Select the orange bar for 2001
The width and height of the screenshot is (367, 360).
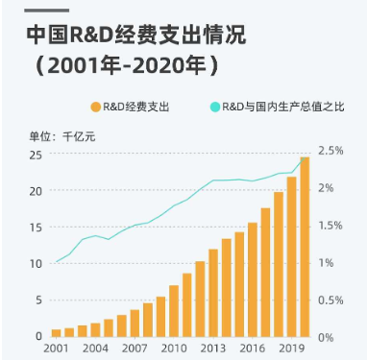(x=57, y=332)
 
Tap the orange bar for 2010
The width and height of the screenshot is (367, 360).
(x=174, y=311)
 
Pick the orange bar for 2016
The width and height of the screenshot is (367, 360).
(x=253, y=279)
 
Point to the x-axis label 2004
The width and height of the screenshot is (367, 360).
(x=95, y=348)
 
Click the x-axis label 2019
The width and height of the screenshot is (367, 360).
(x=291, y=348)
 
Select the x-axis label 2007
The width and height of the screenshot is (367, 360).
(x=135, y=348)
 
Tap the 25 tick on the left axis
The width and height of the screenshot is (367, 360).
(x=35, y=155)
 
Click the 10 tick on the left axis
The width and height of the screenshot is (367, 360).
(x=35, y=264)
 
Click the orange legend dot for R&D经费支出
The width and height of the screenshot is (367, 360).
(x=94, y=107)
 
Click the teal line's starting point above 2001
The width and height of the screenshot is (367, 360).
(x=57, y=261)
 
